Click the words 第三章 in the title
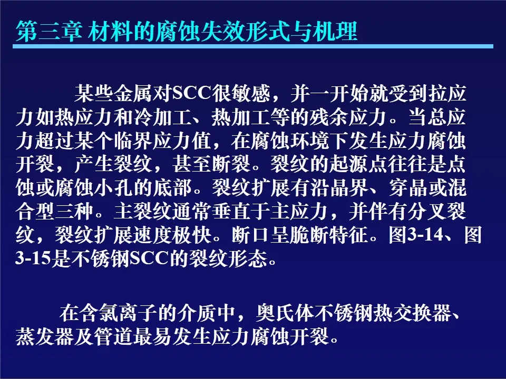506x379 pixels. (x=48, y=32)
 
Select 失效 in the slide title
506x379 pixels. (x=222, y=32)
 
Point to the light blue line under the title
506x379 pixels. (x=253, y=46)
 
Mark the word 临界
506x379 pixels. (x=133, y=141)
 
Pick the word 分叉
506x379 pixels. (x=427, y=212)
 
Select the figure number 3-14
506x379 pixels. (x=426, y=235)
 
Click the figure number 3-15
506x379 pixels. (x=33, y=258)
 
